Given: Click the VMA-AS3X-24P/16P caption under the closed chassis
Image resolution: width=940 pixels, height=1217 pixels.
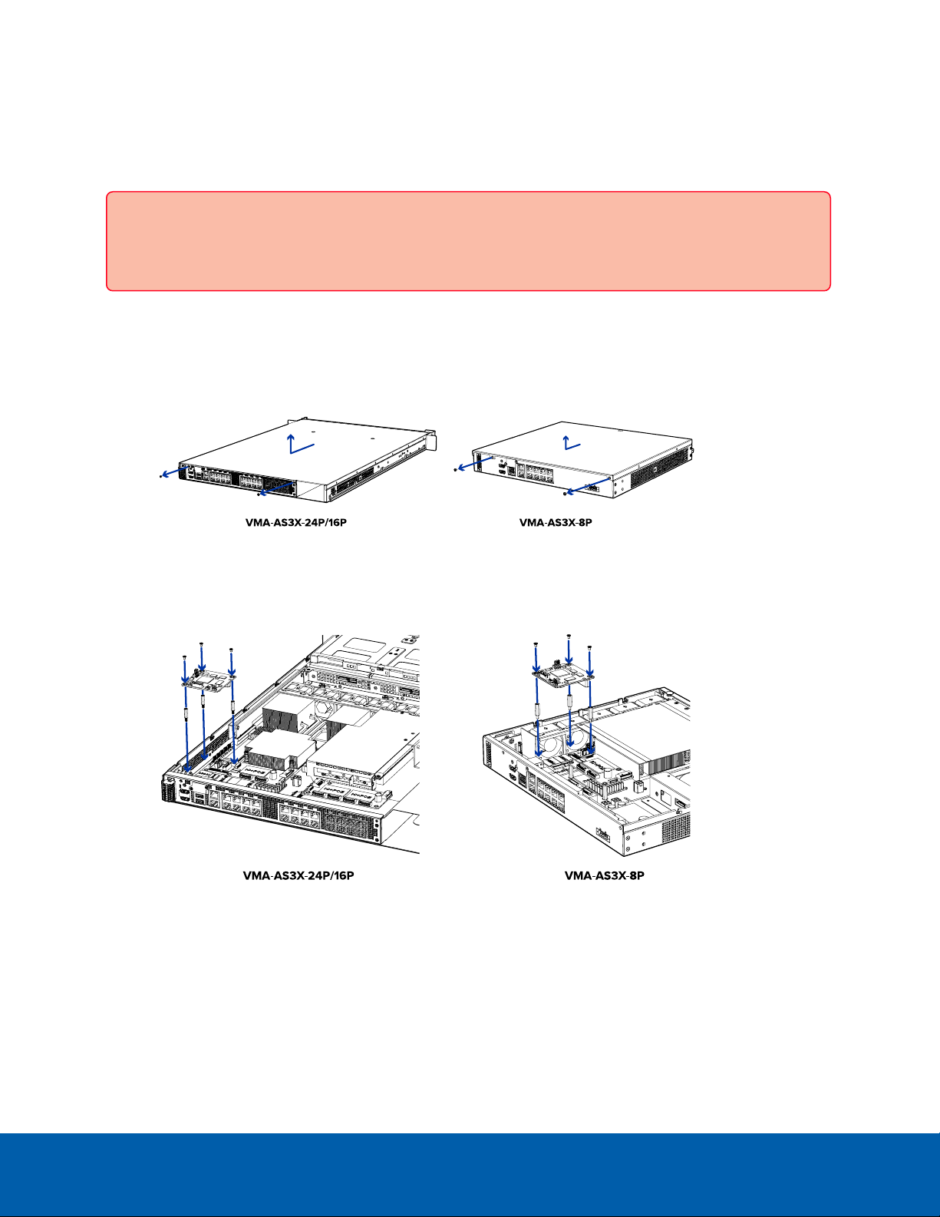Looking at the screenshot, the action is coord(296,523).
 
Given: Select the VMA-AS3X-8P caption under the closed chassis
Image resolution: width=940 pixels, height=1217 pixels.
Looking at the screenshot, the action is coord(556,523).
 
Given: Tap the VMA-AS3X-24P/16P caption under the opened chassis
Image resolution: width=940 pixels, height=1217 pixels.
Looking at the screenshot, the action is coord(298,875).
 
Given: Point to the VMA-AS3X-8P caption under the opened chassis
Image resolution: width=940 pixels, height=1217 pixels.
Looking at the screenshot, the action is coord(605,875).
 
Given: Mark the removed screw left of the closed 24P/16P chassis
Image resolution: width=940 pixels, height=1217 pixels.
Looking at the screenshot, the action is coord(160,477).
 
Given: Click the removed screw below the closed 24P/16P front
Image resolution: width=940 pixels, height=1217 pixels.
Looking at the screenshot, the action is coord(258,494).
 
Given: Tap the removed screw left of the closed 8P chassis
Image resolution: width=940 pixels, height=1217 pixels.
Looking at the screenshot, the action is coord(455,470).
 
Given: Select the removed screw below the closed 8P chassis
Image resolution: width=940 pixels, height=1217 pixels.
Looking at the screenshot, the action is coord(565,494).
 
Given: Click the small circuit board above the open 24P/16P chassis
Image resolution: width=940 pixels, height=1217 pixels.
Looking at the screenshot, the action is coord(208,680).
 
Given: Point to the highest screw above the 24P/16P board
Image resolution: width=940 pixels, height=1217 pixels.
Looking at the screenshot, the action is coord(201,645).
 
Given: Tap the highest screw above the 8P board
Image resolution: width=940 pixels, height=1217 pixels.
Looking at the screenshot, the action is coord(569,637).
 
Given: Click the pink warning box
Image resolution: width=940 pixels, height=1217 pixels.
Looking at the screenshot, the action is coord(468,241).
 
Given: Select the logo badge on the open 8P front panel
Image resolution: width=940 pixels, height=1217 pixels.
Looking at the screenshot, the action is coord(602,834).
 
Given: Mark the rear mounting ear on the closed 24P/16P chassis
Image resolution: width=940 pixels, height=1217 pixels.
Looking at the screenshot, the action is coord(430,439).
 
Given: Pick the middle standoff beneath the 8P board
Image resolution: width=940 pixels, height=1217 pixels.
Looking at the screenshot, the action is coord(569,703).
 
